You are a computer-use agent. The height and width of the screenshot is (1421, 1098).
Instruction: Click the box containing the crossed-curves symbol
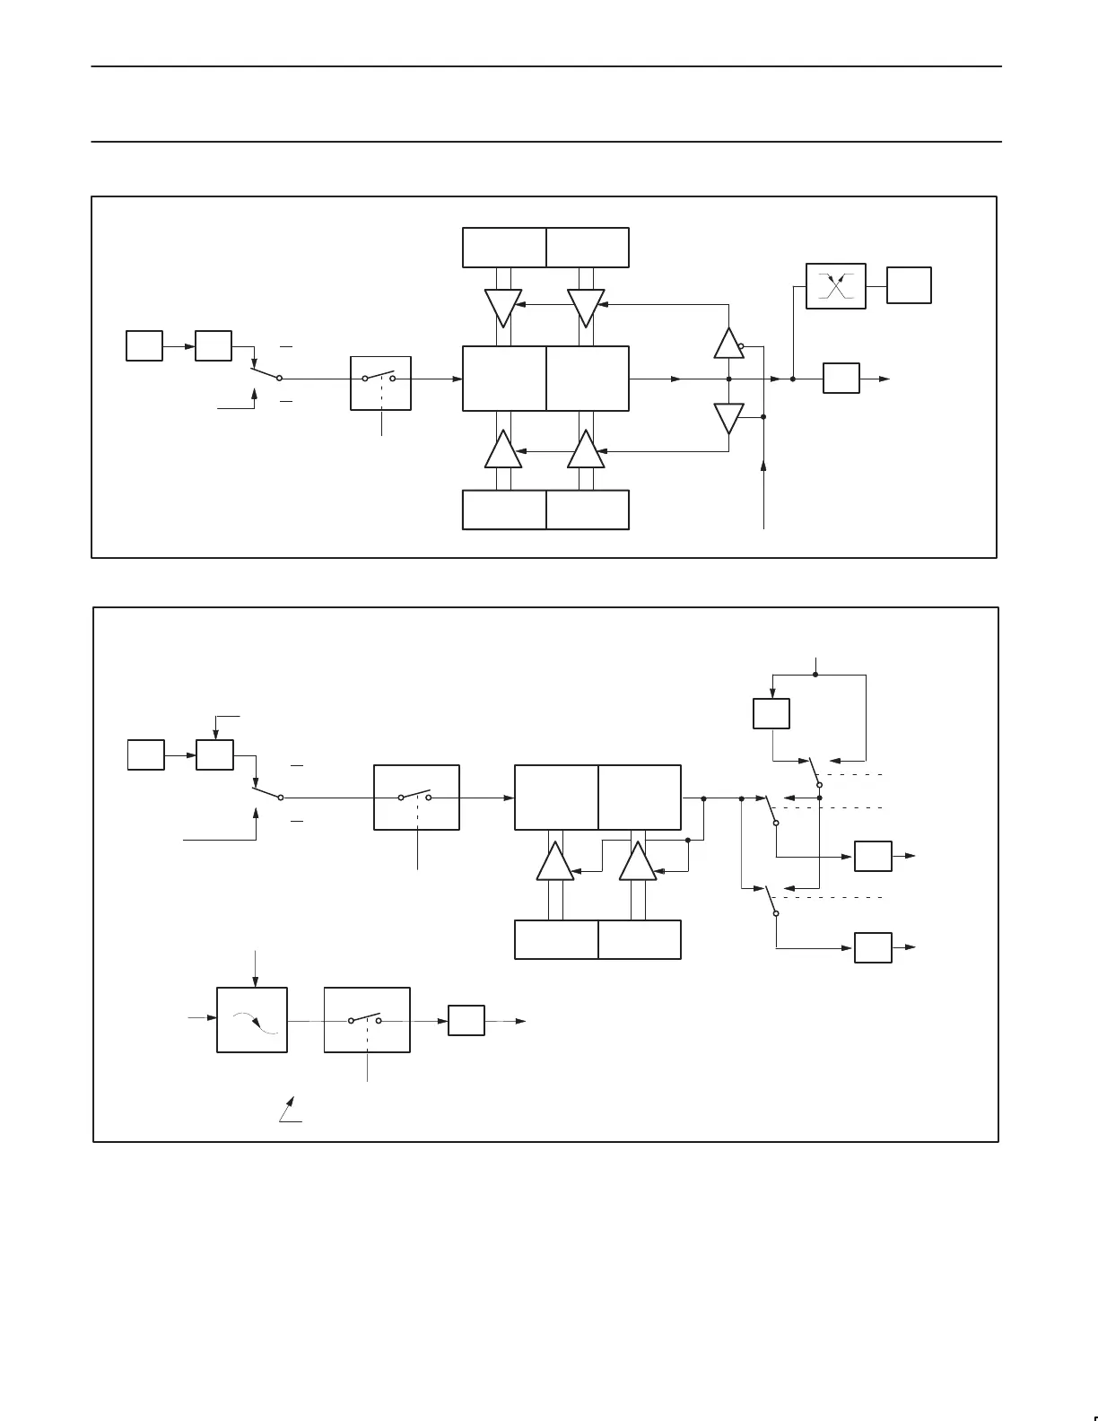click(835, 286)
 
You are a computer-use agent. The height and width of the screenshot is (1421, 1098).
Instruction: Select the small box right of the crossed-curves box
click(909, 285)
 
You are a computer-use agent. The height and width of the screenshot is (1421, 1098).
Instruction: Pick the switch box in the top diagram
click(380, 383)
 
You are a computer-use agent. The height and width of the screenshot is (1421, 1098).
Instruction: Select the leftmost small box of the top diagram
click(144, 345)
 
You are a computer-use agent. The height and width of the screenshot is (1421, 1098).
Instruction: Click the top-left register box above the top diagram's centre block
click(504, 248)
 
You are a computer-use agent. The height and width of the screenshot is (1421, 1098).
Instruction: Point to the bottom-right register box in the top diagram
click(588, 510)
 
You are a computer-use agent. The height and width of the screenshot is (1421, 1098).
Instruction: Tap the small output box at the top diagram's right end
click(841, 379)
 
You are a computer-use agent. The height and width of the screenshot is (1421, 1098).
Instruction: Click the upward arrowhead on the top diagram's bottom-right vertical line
click(763, 466)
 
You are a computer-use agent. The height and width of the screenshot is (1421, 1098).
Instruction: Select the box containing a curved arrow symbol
click(252, 1020)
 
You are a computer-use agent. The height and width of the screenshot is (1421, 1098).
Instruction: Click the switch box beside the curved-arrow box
click(366, 1020)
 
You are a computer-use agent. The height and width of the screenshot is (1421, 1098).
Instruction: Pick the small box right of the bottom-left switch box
click(466, 1021)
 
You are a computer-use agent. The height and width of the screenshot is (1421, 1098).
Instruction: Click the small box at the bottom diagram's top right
click(771, 713)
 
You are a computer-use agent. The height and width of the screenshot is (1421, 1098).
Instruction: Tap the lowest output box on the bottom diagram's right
click(873, 947)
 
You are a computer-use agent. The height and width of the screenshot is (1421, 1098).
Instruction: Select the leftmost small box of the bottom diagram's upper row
click(145, 754)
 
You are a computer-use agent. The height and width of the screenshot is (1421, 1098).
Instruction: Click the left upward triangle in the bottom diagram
click(555, 862)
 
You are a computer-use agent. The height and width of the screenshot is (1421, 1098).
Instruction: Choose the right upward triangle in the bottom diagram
click(638, 862)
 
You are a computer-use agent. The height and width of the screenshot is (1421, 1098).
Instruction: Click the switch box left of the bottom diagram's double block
click(416, 798)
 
